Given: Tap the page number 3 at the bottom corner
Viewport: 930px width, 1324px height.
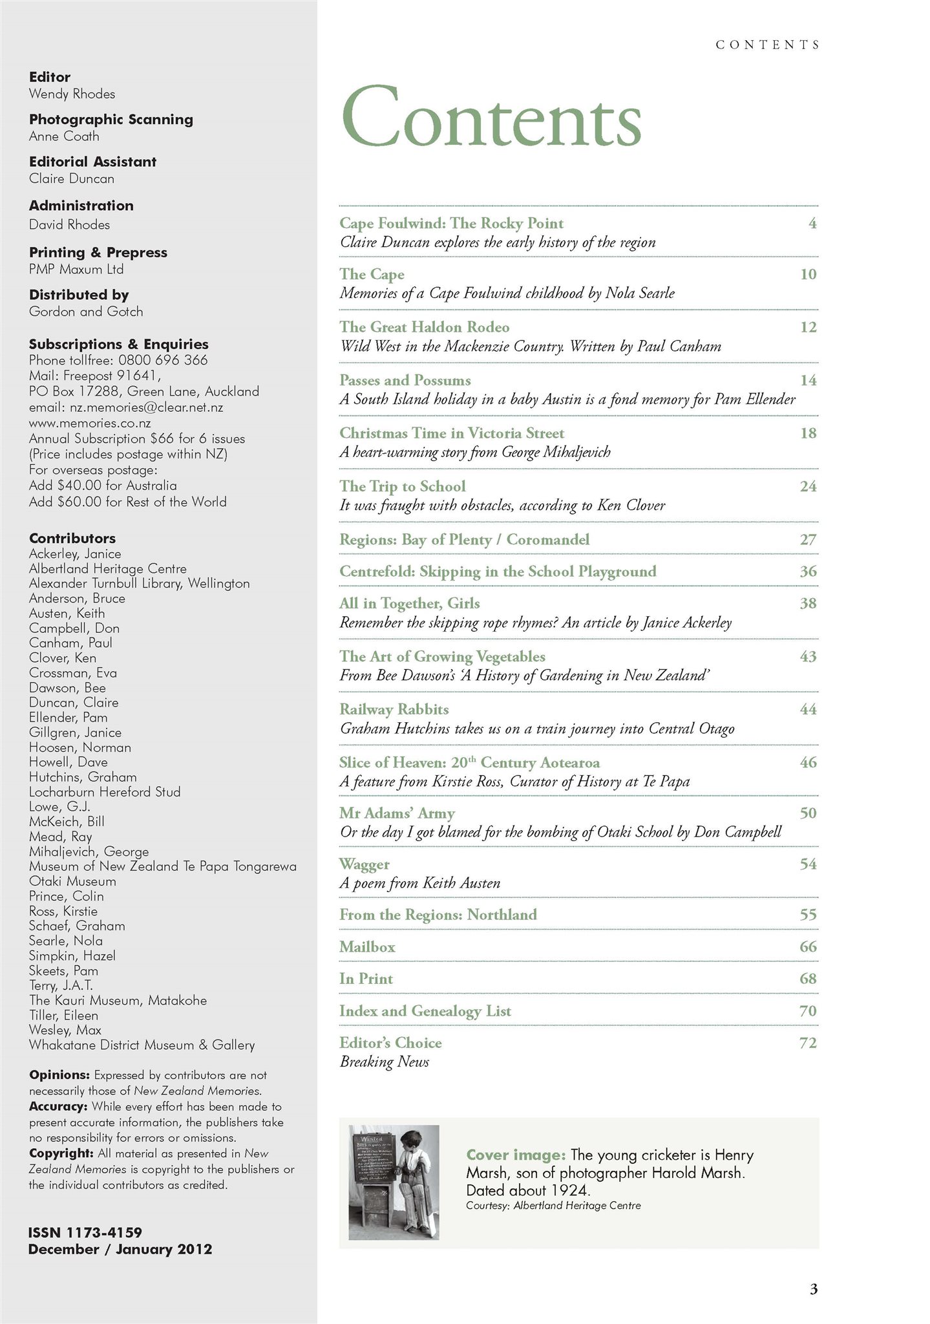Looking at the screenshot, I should pyautogui.click(x=813, y=1289).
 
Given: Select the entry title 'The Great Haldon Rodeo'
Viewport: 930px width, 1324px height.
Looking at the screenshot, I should pyautogui.click(x=424, y=327).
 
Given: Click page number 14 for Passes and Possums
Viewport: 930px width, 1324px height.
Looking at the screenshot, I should pyautogui.click(x=808, y=380).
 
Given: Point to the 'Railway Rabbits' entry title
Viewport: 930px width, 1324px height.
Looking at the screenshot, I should pyautogui.click(x=394, y=709).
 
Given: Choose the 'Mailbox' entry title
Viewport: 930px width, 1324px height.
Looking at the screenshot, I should pyautogui.click(x=367, y=946).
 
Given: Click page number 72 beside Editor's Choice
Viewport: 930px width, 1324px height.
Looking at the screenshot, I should pyautogui.click(x=808, y=1043).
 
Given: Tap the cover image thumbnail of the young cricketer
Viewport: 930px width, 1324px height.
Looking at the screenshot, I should pyautogui.click(x=394, y=1182).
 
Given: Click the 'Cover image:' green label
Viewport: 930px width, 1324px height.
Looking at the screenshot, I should pyautogui.click(x=516, y=1155).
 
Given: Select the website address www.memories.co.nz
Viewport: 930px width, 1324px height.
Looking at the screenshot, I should pyautogui.click(x=90, y=423).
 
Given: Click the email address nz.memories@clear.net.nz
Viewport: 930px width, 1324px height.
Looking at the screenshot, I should pyautogui.click(x=126, y=407).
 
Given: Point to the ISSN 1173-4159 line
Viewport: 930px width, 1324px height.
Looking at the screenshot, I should pyautogui.click(x=85, y=1232).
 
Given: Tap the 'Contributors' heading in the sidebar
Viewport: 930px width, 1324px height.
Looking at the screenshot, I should pyautogui.click(x=72, y=538).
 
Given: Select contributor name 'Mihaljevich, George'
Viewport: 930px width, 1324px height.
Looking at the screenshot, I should pyautogui.click(x=89, y=851).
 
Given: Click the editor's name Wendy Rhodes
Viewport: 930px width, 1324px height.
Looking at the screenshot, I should pyautogui.click(x=72, y=94).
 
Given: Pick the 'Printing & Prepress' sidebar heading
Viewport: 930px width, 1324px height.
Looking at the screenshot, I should pyautogui.click(x=98, y=252).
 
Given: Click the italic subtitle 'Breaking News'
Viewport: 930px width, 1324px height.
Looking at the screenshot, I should pyautogui.click(x=384, y=1062).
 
